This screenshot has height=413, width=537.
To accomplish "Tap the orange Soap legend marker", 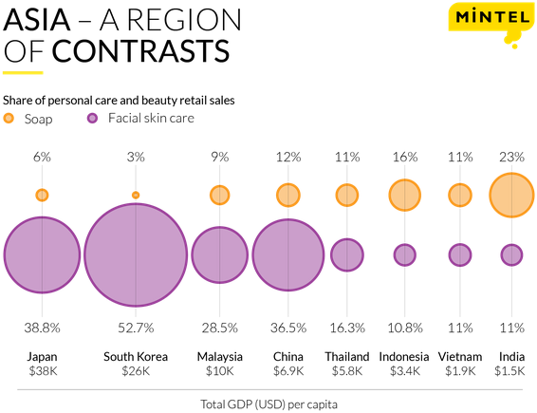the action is coord(9,119).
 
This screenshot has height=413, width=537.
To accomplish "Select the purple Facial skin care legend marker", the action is coord(92,119).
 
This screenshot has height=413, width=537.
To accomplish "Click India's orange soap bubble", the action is coord(511,196).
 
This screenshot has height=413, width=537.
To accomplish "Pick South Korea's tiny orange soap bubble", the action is coord(136,195).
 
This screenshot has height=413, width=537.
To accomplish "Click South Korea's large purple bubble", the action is coord(136,255).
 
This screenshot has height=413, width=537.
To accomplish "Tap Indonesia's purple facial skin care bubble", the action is coord(405,255).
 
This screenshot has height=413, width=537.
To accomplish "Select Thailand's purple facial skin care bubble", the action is coord(347,255).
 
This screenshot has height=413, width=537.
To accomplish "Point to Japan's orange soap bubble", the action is coord(42,195).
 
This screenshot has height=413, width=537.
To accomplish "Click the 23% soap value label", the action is coord(511,157).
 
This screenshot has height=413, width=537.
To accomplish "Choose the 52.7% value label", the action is coord(136,328).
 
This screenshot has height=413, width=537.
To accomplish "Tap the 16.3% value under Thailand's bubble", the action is coord(347,328).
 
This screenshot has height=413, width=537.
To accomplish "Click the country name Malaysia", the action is coord(219,357).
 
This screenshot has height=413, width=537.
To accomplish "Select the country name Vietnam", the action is coord(460,357).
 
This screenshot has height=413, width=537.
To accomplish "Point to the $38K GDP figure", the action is coord(43,371).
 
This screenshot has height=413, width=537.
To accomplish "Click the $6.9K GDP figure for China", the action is coord(288,371).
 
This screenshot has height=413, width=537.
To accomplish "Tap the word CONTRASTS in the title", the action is coord(140,50).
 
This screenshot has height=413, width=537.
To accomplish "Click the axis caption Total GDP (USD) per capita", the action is coord(268,404).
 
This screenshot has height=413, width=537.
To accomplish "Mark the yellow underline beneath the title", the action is coord(23,73).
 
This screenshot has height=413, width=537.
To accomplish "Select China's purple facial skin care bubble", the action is coord(288,255).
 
